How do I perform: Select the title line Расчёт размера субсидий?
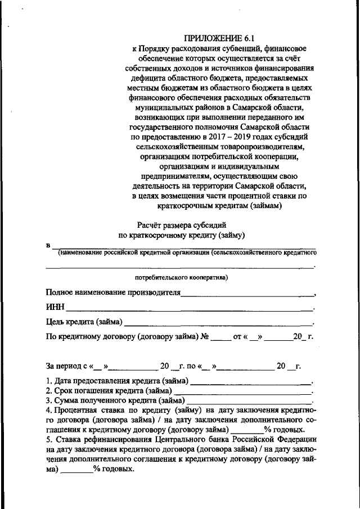point(179,225)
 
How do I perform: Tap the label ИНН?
point(55,308)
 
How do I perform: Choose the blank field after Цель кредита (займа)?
point(218,323)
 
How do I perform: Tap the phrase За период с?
point(65,366)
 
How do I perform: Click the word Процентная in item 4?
point(74,411)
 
